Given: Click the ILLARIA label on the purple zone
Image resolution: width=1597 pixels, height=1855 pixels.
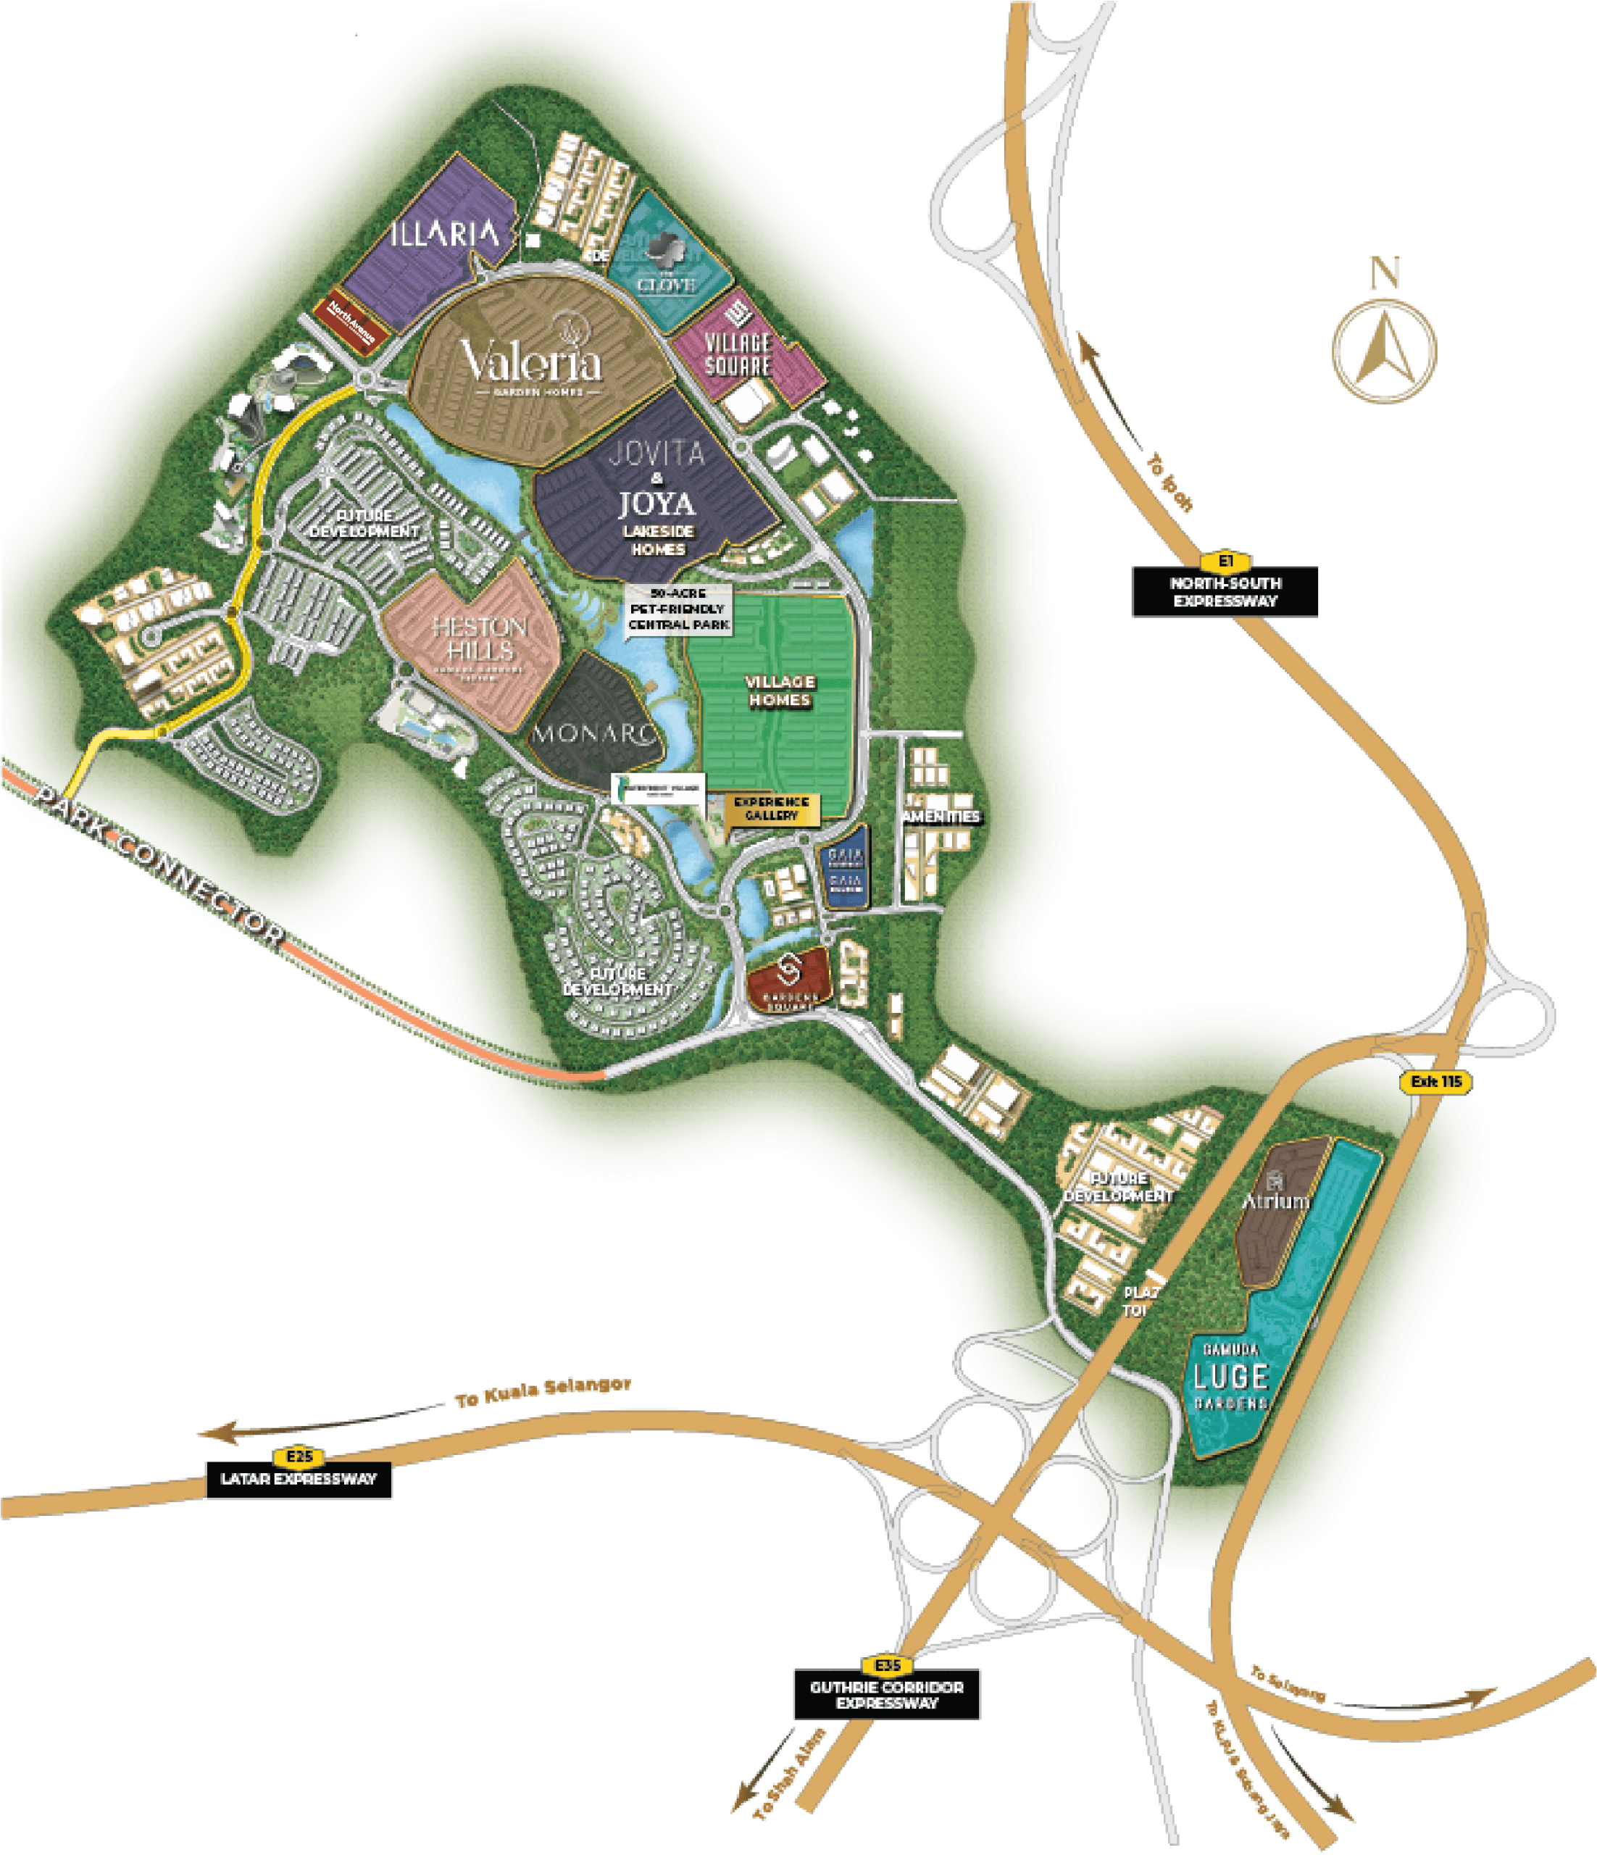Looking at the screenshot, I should (445, 235).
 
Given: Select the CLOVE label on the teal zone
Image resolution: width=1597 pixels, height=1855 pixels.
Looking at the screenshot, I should (666, 284).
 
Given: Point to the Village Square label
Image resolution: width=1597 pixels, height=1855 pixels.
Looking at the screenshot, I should (738, 354).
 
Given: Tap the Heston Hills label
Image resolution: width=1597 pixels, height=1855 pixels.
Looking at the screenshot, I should (480, 638).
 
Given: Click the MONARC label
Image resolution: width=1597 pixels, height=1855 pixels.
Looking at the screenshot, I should (593, 733).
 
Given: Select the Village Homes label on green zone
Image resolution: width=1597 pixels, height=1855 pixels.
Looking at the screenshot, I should (780, 691).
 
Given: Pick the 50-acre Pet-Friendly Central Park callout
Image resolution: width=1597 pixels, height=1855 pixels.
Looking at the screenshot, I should (678, 609).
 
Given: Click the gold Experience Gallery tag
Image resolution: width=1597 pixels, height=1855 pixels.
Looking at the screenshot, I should (771, 809).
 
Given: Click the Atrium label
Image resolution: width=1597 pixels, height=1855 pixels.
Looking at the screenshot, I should (1275, 1200).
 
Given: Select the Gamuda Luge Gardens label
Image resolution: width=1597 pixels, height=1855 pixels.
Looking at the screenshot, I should (1231, 1376).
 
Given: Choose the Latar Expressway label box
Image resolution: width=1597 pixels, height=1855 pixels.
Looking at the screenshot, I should (299, 1479).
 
